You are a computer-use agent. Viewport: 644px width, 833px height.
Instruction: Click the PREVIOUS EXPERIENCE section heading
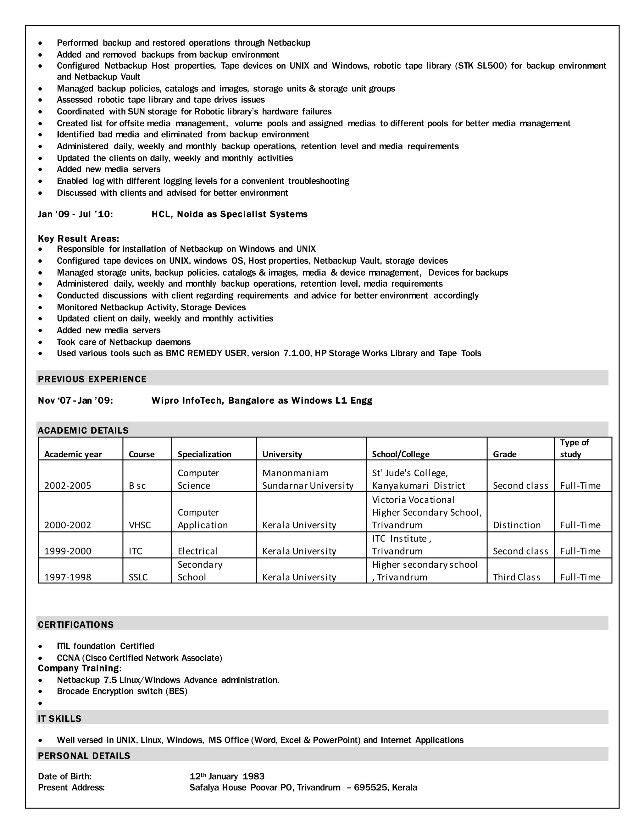coord(92,379)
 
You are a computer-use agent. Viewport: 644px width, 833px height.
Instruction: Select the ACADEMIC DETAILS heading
coord(83,431)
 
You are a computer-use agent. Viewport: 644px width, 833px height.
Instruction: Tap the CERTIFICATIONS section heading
coord(75,625)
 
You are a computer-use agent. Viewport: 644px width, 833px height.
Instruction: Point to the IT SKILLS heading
coord(59,719)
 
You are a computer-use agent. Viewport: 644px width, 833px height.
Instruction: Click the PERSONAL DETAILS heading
coord(84,756)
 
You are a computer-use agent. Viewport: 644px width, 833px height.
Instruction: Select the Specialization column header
coord(204,454)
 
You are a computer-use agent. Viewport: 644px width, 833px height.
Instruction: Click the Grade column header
coord(504,454)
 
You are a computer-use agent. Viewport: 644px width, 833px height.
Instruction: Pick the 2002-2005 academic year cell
coord(68,486)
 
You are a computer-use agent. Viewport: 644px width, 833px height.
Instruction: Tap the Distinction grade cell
coord(517,525)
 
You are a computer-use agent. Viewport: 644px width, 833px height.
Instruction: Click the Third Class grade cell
coord(517,577)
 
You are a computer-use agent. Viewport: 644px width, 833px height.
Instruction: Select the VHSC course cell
coord(140,525)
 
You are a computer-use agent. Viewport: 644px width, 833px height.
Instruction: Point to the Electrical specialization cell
coord(197,551)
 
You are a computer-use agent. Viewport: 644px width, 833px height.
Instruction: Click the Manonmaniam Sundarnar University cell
coord(308,479)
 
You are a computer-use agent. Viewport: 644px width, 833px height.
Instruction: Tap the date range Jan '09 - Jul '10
coord(75,214)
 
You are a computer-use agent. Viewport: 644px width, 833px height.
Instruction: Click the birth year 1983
coord(253,776)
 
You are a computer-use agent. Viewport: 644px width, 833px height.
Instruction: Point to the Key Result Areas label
coord(78,239)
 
